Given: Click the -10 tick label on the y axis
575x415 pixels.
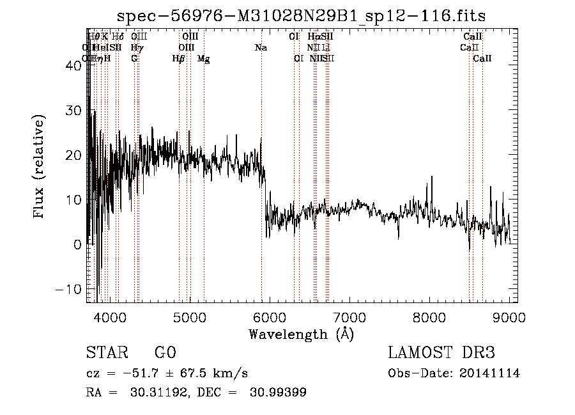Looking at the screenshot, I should (x=68, y=289).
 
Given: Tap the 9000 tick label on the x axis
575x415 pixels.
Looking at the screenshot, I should (x=509, y=317).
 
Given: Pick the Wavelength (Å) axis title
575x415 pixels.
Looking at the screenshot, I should (x=301, y=334).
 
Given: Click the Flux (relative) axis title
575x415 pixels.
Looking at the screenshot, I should (x=40, y=168).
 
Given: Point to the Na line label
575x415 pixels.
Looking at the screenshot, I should (x=261, y=48).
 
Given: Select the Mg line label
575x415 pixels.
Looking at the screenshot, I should (x=203, y=59).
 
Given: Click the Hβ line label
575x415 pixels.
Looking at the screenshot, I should (x=179, y=59).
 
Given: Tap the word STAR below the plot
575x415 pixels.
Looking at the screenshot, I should (x=106, y=353).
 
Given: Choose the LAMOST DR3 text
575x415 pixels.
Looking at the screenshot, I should (x=441, y=353).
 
